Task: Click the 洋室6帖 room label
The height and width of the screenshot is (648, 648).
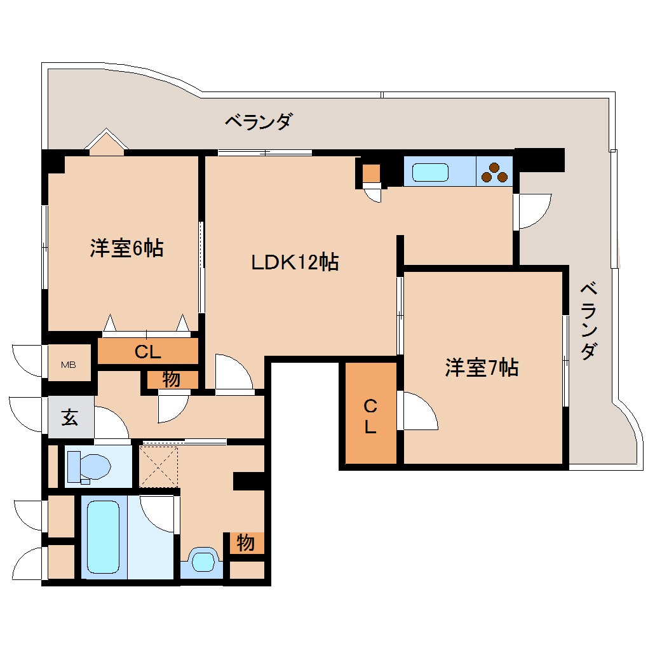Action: click(126, 248)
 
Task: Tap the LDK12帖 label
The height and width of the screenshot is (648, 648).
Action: click(294, 262)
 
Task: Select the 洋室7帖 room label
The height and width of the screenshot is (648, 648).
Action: click(482, 367)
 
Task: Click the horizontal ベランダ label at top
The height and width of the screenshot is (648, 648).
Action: click(258, 121)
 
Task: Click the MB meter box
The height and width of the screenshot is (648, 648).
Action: click(69, 365)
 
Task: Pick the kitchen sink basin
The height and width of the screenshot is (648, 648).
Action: click(430, 172)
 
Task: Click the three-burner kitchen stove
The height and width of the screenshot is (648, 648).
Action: click(495, 172)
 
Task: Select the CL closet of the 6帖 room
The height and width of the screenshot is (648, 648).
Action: click(147, 351)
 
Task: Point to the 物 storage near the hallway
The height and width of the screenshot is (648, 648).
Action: click(171, 379)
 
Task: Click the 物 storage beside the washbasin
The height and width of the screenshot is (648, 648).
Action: click(246, 543)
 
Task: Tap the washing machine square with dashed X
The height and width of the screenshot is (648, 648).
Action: click(159, 466)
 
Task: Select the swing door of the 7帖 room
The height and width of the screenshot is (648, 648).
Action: click(417, 412)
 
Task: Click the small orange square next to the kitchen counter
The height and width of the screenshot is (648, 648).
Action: click(372, 173)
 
